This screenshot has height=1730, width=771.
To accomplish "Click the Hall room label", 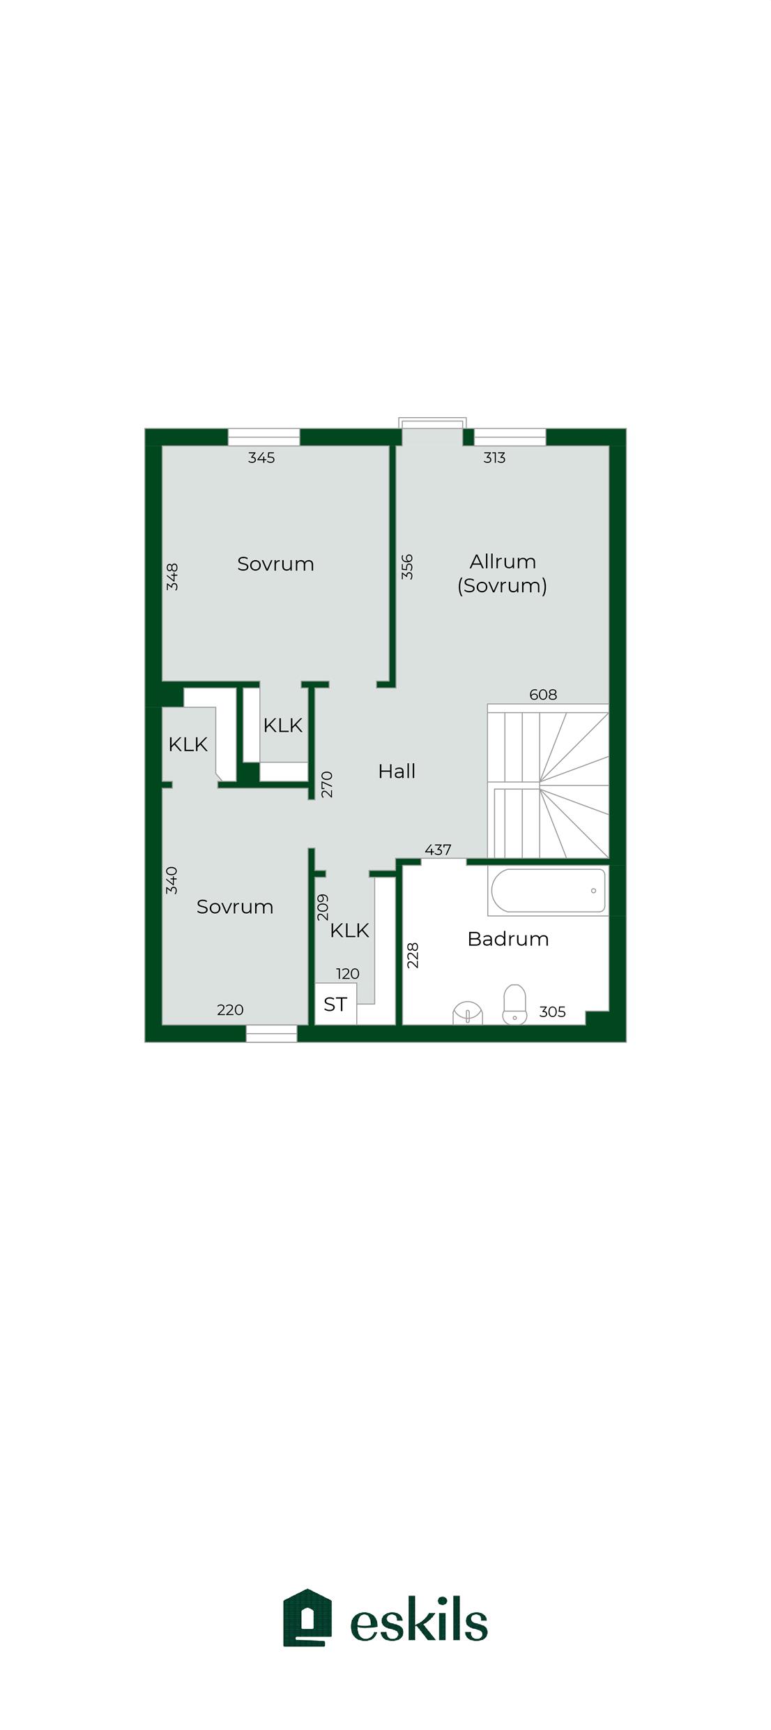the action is click(x=397, y=771).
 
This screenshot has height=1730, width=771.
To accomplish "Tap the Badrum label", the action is click(x=508, y=938).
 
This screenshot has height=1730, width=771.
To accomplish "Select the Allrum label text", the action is click(x=503, y=561).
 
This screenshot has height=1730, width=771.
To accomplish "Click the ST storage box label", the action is click(x=335, y=1004).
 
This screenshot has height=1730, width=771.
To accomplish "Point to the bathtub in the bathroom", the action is click(x=548, y=890).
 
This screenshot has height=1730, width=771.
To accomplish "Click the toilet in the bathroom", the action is click(x=514, y=1004).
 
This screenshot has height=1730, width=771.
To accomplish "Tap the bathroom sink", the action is click(x=468, y=1013).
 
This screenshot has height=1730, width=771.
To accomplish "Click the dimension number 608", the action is click(x=543, y=694).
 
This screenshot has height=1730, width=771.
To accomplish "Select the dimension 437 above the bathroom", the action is click(x=438, y=850).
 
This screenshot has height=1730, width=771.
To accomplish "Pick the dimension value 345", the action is click(x=261, y=458).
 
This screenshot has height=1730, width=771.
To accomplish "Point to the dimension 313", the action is click(x=494, y=458).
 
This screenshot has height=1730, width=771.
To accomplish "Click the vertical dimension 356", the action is click(x=407, y=566).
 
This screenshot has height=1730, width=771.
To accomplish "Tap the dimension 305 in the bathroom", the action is click(x=552, y=1011).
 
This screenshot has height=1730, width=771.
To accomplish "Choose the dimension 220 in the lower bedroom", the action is click(x=230, y=1009).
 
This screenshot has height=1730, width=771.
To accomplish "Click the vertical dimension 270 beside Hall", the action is click(x=327, y=785).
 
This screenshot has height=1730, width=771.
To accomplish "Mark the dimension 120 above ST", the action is click(x=348, y=974).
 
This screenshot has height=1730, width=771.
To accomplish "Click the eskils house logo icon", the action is click(x=307, y=1618).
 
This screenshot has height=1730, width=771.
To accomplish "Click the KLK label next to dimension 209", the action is click(x=349, y=930).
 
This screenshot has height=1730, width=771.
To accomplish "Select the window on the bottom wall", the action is click(x=272, y=1034).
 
